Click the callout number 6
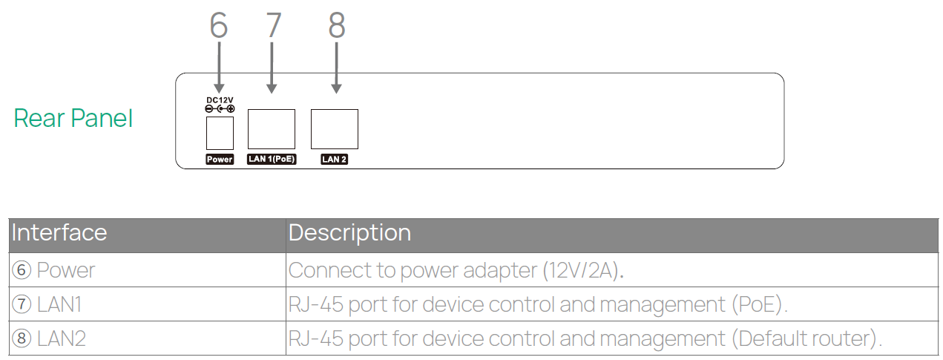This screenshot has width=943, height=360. coord(218,25)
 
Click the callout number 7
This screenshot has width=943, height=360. coord(273,25)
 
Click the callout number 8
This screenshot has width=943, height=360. coord(337,25)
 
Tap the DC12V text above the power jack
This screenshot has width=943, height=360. coord(220,100)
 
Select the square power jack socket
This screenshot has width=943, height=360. coord(220,133)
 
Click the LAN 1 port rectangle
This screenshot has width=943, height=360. coord(271,129)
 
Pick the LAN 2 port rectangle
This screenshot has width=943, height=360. coord(335,129)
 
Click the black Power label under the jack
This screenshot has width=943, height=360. coord(220,160)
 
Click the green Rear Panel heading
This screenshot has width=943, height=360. coord(73,118)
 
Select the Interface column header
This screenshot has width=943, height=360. coord(59,233)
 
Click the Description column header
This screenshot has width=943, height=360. coord(349,233)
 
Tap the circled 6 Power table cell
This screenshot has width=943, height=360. coord(53,270)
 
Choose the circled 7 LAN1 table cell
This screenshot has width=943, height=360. coord(49,304)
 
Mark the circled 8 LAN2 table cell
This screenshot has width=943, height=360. coord(49,339)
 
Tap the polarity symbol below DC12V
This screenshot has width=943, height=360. coord(220,109)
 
